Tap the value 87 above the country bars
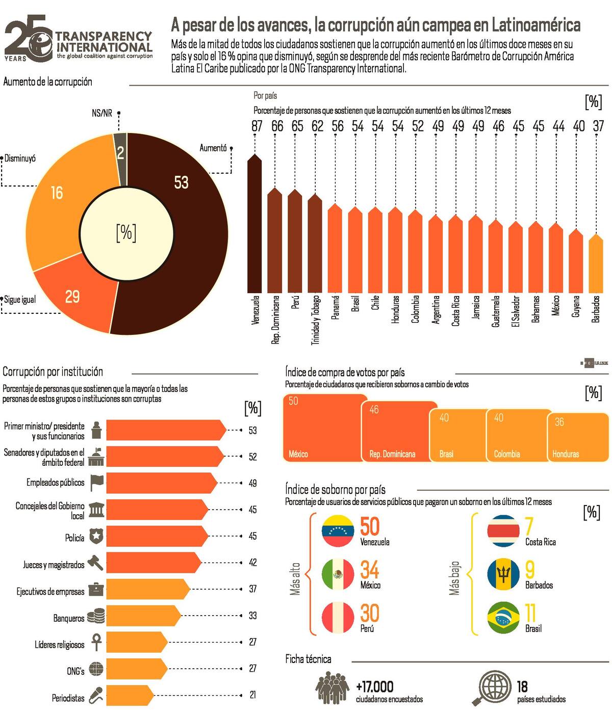(257, 126)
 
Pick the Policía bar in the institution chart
(156, 536)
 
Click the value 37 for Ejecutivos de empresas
(252, 589)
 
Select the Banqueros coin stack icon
(96, 616)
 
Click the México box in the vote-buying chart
(324, 428)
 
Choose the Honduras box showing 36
(578, 437)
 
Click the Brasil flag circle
(503, 617)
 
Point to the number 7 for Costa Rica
(529, 526)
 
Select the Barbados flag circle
(503, 574)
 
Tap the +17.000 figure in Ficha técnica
(375, 687)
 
